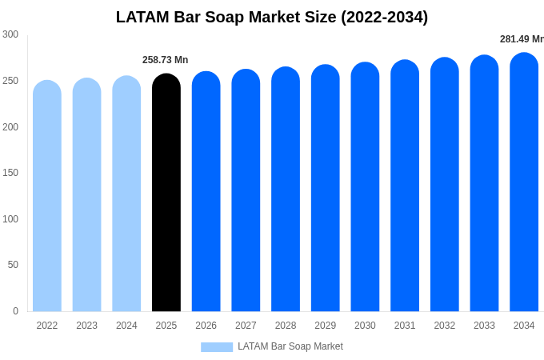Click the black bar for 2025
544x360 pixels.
coord(166,192)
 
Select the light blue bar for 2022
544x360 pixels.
coord(47,196)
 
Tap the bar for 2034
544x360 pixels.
coord(524,182)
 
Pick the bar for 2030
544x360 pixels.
coord(365,186)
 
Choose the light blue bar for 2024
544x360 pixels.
coord(126,193)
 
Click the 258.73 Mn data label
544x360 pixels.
coord(165,60)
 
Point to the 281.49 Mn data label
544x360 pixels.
coord(522,39)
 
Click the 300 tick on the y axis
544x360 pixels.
coord(10,34)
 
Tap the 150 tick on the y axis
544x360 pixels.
coord(10,173)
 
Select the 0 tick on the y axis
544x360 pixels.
coord(16,310)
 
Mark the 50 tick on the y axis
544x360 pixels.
coord(13,265)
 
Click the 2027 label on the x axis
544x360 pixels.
coord(246,326)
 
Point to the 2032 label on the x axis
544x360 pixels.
coord(445,326)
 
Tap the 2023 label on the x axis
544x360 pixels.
coord(86,326)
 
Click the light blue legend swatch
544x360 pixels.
coord(217,347)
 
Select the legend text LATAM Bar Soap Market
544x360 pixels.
coord(290,346)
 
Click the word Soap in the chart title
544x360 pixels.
coord(225,17)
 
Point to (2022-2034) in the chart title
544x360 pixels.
coord(385,17)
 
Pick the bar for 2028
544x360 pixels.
coord(286,189)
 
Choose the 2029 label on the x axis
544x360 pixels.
coord(326,326)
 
